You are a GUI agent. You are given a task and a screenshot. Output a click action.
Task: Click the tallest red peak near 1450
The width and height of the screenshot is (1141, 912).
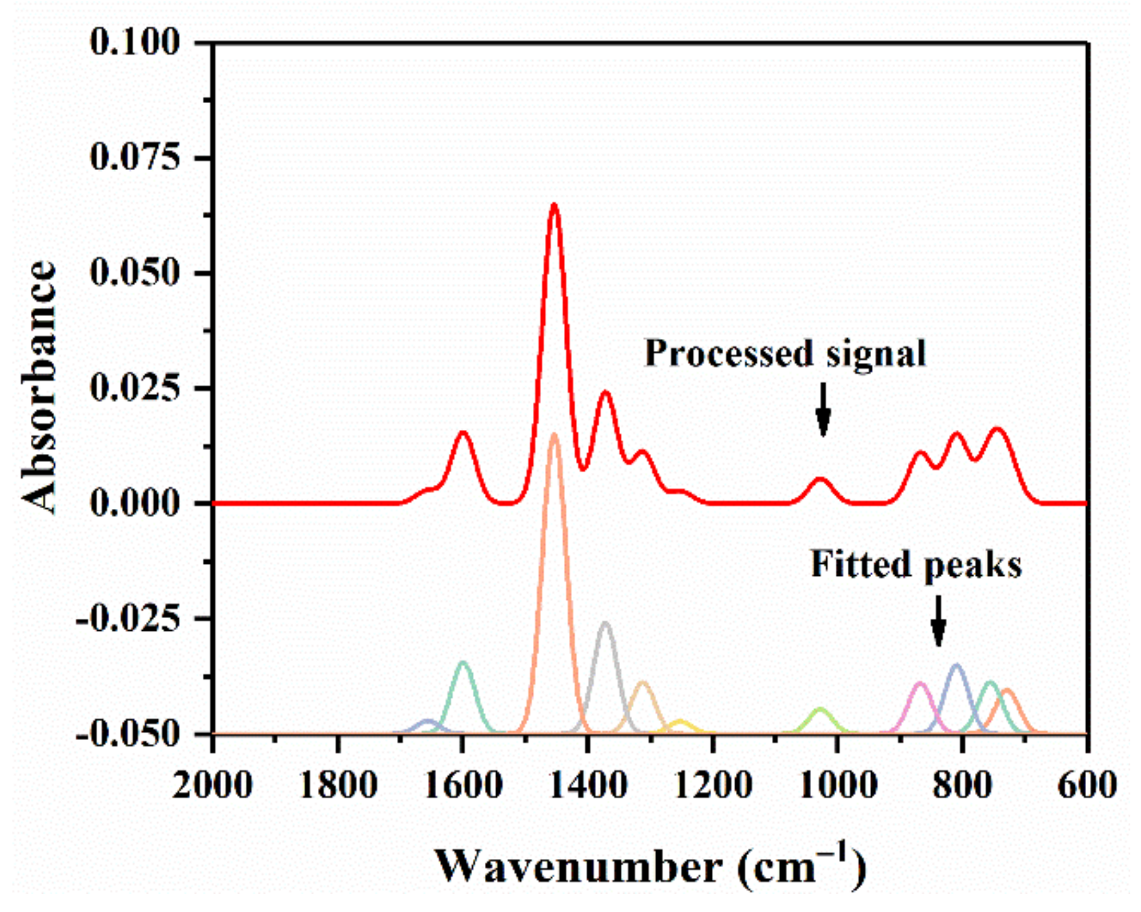tap(554, 204)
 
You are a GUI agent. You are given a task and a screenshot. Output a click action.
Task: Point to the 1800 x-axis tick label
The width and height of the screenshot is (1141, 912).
tap(337, 785)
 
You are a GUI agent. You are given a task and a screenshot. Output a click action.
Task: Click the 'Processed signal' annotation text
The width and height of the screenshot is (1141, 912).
tap(785, 354)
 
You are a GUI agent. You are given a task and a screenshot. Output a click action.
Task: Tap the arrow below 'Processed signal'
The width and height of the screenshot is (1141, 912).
tap(823, 409)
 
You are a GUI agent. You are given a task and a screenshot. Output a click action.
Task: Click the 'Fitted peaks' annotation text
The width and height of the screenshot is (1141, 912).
tap(916, 564)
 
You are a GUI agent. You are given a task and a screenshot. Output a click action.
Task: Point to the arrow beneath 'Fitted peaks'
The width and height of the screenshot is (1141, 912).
tap(938, 621)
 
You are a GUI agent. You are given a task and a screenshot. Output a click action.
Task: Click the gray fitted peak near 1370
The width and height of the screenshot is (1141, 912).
tap(605, 624)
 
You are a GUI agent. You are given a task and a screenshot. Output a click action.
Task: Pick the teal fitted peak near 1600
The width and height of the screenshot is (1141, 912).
tap(463, 663)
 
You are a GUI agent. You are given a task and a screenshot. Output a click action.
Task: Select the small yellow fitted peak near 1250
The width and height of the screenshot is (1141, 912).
tap(681, 722)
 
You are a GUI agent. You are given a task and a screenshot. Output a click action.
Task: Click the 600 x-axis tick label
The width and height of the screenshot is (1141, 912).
tap(1087, 785)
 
